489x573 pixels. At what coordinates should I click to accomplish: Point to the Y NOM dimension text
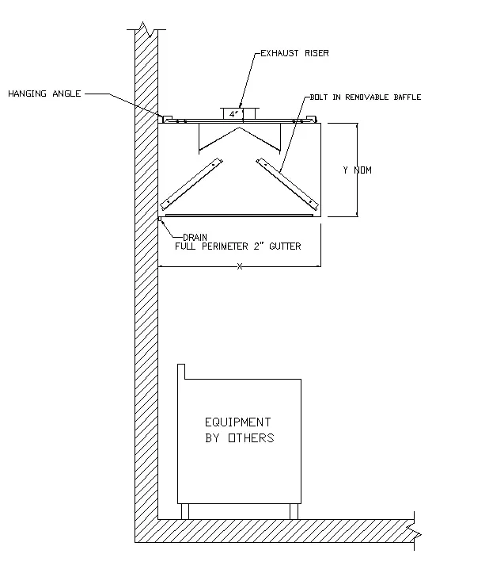click(x=358, y=170)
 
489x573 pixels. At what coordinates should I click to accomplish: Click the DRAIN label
click(x=195, y=236)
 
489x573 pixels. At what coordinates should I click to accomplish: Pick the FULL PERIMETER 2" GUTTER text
click(x=237, y=246)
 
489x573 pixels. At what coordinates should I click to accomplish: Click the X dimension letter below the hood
click(x=240, y=267)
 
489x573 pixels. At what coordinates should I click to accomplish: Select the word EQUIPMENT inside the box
click(x=238, y=422)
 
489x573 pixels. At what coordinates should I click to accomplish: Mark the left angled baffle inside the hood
click(x=191, y=183)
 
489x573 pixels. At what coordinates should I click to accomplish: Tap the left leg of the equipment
click(x=185, y=511)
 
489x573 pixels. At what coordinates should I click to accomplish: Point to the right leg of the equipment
click(x=294, y=511)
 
